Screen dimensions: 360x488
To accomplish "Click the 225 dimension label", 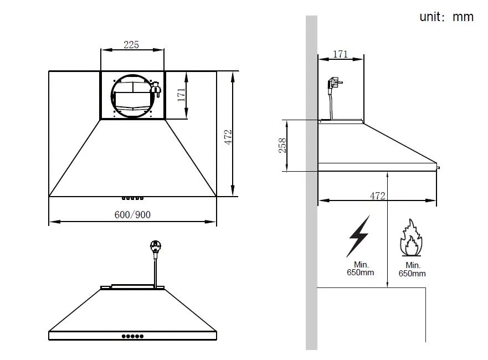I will coord(131,45).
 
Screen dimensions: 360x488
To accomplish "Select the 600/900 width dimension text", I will coord(132,214).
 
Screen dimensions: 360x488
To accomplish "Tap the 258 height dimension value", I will coord(282,146).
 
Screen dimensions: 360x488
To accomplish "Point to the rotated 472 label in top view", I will coord(228,137).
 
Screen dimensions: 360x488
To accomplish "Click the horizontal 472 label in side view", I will coord(377,196).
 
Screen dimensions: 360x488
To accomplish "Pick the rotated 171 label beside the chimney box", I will coord(181,95).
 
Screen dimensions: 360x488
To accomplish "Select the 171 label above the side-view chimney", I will coord(340,54).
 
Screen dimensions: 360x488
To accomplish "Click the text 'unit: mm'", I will coord(446,17).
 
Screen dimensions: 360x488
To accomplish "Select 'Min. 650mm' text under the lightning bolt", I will coord(360,269).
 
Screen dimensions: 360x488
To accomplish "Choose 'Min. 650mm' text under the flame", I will coord(412,270).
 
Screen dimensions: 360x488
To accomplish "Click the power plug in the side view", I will coord(333,85).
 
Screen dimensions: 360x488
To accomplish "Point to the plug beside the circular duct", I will coord(156,88).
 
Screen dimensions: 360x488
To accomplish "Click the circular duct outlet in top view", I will coord(132,95).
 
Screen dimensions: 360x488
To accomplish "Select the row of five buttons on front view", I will coord(132,336).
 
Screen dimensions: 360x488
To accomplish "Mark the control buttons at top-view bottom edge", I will coord(132,198).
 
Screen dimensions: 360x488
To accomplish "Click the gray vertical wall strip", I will coord(311,183).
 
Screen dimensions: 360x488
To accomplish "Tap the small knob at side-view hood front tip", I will coord(438,166).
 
